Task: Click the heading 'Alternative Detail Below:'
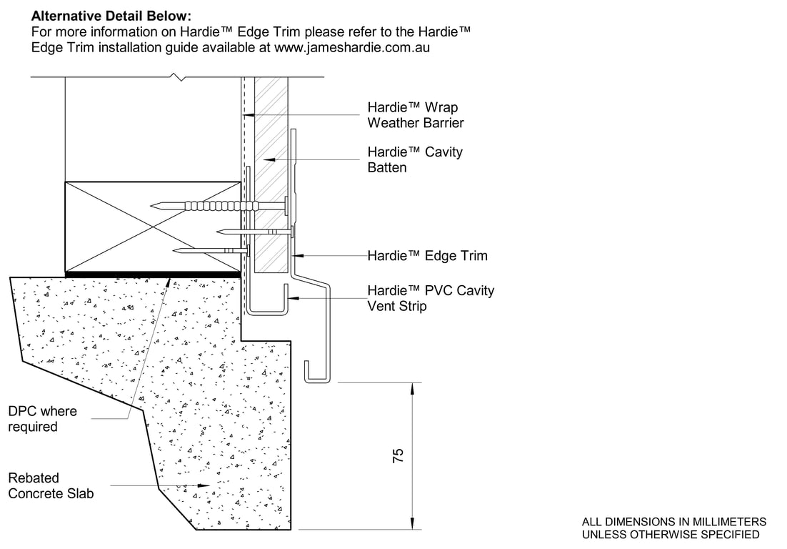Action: click(111, 15)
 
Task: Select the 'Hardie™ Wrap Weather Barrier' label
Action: click(415, 115)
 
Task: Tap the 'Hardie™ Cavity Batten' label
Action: click(415, 159)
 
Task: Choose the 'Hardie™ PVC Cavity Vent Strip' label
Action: click(430, 298)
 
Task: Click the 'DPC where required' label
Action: click(42, 419)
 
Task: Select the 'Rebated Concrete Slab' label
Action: click(50, 485)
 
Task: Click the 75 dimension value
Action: click(398, 456)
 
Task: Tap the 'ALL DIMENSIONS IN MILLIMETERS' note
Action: click(674, 522)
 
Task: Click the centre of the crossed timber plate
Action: click(152, 226)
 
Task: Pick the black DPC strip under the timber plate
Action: click(152, 273)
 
